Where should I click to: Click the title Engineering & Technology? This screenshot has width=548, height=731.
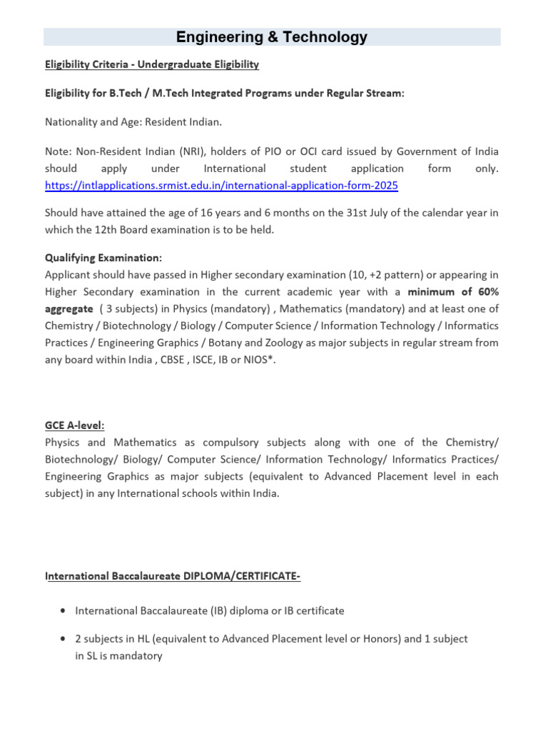tap(272, 37)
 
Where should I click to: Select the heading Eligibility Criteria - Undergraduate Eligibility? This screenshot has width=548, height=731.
tap(152, 65)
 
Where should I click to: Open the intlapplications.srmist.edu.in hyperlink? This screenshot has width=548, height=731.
tap(221, 186)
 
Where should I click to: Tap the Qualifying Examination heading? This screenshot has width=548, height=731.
tap(103, 258)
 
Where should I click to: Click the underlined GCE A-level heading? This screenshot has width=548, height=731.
tap(75, 425)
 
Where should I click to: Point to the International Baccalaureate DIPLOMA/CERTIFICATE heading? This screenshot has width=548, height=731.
tap(173, 575)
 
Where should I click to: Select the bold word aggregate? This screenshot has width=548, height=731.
tap(68, 308)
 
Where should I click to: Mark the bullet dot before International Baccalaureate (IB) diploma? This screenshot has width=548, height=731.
tap(64, 611)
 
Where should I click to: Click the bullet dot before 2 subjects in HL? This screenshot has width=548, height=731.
tap(64, 639)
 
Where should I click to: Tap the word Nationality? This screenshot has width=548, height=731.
tap(71, 122)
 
